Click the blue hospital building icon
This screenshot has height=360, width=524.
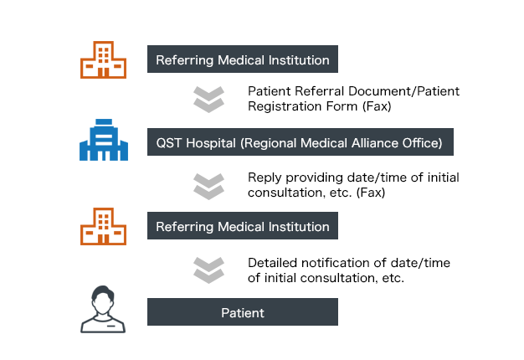pyautogui.click(x=104, y=140)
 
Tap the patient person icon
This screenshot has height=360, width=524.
pyautogui.click(x=104, y=309)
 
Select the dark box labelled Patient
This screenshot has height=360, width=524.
pyautogui.click(x=243, y=313)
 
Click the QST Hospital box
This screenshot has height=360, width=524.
pyautogui.click(x=301, y=142)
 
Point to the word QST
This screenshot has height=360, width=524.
pyautogui.click(x=170, y=142)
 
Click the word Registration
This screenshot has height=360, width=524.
pyautogui.click(x=285, y=106)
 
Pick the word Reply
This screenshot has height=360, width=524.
pyautogui.click(x=265, y=177)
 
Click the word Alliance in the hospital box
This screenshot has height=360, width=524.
pyautogui.click(x=380, y=142)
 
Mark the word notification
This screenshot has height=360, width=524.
pyautogui.click(x=339, y=262)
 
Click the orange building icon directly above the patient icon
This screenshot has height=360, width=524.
pyautogui.click(x=104, y=225)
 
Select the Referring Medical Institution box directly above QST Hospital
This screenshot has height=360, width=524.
pyautogui.click(x=243, y=60)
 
